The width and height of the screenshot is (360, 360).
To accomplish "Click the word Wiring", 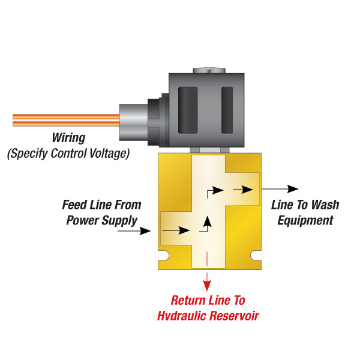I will click(71, 137).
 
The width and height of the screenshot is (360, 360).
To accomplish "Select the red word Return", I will click(191, 300).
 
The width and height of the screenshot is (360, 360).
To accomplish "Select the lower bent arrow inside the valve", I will click(207, 223).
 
